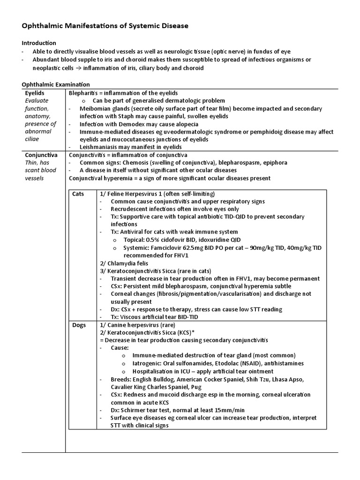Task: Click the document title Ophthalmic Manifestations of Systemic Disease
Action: pos(105,26)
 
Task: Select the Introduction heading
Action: pos(39,43)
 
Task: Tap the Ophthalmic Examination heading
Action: pos(56,84)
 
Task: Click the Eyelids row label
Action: pos(34,93)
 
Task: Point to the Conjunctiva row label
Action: pos(41,155)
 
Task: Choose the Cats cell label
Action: pos(78,194)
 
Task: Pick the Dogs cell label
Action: pos(79,325)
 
